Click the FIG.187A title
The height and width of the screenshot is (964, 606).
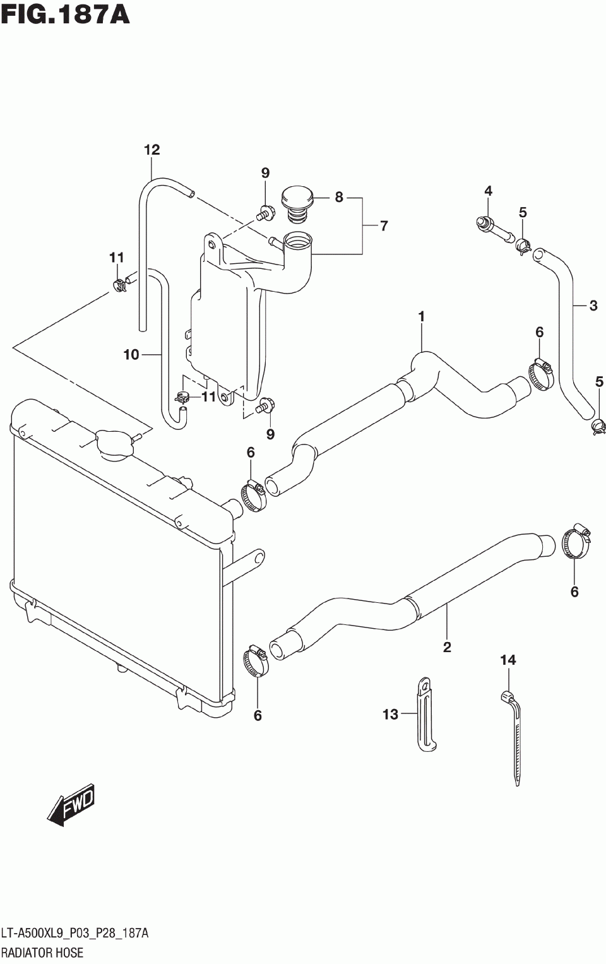tap(65, 14)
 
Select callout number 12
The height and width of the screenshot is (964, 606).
tap(151, 150)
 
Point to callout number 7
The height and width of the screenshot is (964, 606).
tap(384, 225)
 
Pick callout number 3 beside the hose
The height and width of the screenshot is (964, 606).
tap(593, 306)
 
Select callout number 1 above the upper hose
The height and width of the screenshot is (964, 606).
tap(421, 316)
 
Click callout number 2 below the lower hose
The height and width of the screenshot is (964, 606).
tap(447, 646)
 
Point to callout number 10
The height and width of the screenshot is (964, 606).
tap(131, 355)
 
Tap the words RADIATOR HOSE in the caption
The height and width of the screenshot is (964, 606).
tap(42, 953)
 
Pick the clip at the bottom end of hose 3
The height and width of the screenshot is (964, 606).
tap(598, 427)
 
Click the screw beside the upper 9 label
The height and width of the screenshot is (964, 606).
tap(264, 214)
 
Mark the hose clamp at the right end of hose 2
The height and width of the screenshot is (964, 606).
tap(575, 543)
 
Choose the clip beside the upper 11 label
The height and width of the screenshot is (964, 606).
tap(119, 285)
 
